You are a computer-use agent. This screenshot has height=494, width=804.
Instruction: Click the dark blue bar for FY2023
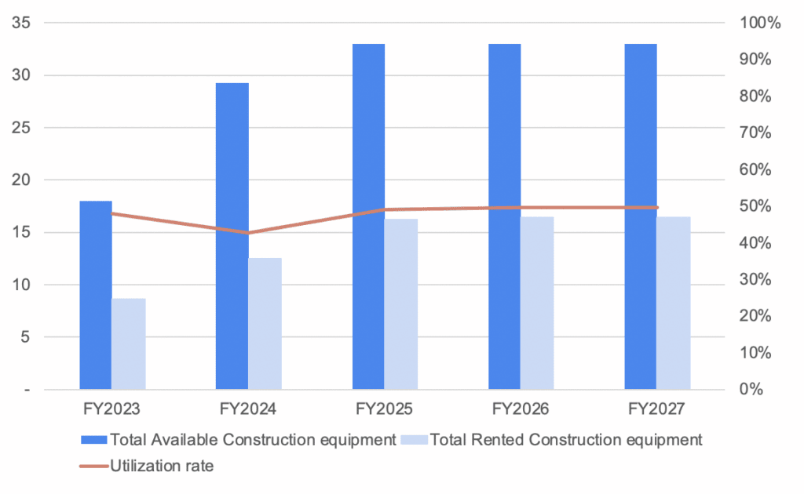pyautogui.click(x=96, y=295)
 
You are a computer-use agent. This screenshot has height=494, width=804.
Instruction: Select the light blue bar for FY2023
pyautogui.click(x=129, y=343)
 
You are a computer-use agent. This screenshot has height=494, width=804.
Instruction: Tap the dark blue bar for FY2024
pyautogui.click(x=232, y=236)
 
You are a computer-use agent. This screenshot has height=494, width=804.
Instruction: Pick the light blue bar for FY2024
pyautogui.click(x=265, y=323)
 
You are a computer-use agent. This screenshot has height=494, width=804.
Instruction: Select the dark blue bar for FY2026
pyautogui.click(x=505, y=216)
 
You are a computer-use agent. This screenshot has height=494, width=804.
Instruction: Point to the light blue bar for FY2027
pyautogui.click(x=674, y=303)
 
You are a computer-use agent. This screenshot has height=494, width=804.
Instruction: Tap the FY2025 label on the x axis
pyautogui.click(x=385, y=409)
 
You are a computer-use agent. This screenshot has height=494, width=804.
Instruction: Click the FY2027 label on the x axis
pyautogui.click(x=657, y=409)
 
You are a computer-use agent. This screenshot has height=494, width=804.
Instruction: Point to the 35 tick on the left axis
pyautogui.click(x=22, y=23)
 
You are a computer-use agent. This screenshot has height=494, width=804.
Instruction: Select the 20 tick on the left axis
pyautogui.click(x=22, y=180)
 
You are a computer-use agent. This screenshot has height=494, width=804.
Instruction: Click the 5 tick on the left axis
pyautogui.click(x=26, y=337)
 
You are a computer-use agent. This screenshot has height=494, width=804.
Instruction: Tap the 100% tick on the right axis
pyautogui.click(x=760, y=23)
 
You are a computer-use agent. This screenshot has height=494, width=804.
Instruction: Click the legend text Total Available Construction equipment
pyautogui.click(x=253, y=439)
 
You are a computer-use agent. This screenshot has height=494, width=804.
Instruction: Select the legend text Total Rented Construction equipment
pyautogui.click(x=566, y=439)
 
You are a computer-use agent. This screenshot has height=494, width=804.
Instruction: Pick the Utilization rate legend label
pyautogui.click(x=163, y=466)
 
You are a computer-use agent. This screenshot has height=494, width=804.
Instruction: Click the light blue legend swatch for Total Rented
pyautogui.click(x=414, y=439)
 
